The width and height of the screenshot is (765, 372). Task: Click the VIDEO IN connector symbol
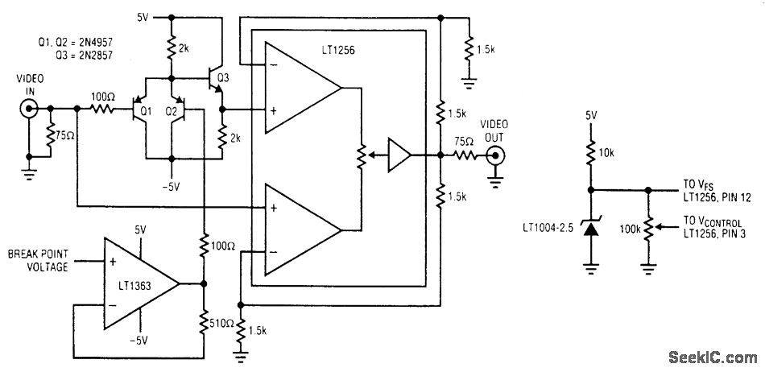click(x=28, y=109)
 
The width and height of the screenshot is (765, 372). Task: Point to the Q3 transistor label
click(x=223, y=77)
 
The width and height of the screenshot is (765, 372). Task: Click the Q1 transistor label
click(x=147, y=112)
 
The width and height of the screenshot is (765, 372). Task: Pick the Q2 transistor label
click(x=172, y=112)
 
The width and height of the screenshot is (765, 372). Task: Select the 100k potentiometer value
click(x=630, y=228)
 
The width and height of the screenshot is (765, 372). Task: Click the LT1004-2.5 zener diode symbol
click(x=591, y=228)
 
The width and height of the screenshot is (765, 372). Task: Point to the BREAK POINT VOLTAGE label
click(x=38, y=260)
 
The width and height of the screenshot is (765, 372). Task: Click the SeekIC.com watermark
click(x=712, y=358)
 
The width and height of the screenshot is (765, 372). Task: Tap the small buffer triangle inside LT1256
click(x=399, y=155)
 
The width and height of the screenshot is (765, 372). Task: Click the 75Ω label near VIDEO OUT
click(x=464, y=143)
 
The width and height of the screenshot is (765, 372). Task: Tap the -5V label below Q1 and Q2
click(x=172, y=187)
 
